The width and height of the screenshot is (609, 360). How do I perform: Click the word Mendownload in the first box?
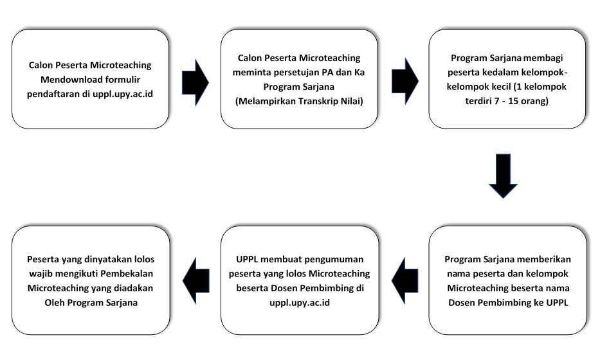pos(66,80)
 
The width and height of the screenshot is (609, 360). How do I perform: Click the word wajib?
pos(41,274)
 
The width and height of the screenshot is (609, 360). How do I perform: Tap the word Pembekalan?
pos(127,274)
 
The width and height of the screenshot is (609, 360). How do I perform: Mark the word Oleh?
pos(55,303)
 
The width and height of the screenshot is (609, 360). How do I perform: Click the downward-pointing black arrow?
pos(503,176)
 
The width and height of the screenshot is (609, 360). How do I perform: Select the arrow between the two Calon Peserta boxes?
pos(195,82)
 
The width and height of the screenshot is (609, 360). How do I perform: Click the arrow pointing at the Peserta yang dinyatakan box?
pos(196,280)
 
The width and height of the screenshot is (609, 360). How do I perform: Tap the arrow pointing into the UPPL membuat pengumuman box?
pos(405,280)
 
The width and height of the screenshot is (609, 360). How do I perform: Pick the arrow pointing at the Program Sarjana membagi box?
pos(405,81)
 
